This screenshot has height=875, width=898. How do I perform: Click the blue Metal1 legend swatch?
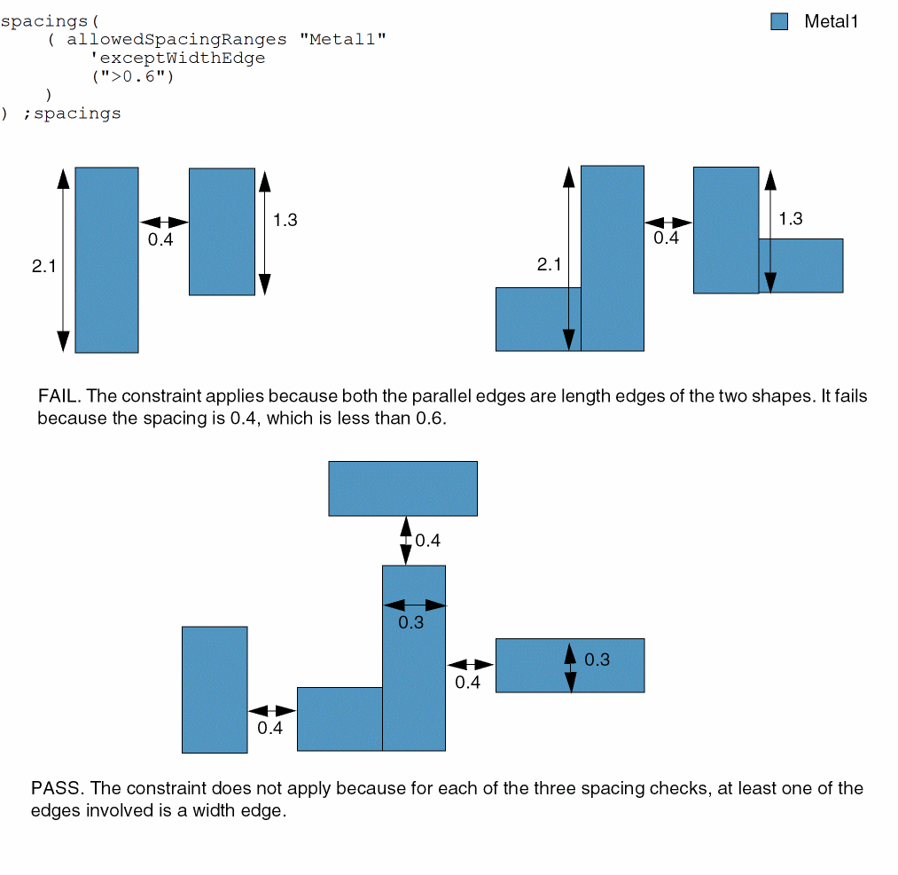click(779, 22)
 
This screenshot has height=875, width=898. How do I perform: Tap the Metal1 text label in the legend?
click(831, 22)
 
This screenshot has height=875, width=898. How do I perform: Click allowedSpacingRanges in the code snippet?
click(176, 39)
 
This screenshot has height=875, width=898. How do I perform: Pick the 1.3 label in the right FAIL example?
click(790, 219)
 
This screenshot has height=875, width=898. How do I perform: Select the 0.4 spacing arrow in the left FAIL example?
click(164, 222)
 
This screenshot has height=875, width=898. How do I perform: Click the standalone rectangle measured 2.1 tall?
click(106, 260)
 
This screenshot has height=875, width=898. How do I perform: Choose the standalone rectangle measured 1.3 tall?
click(222, 231)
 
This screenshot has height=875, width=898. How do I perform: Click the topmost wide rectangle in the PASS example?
click(402, 488)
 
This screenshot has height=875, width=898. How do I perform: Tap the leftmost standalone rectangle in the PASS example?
click(215, 690)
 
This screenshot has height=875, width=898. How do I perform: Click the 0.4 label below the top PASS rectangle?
click(427, 541)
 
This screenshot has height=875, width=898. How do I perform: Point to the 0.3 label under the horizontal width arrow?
click(410, 622)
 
